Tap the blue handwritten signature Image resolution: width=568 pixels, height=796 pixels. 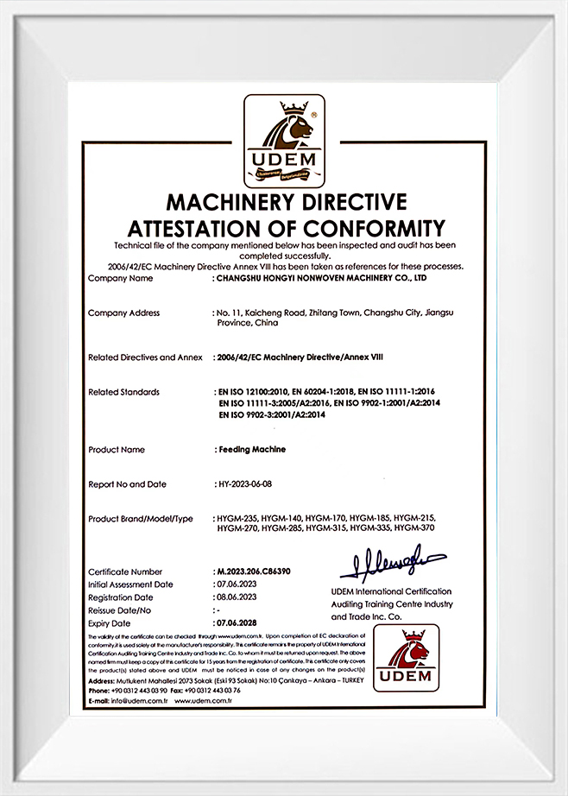click(x=392, y=562)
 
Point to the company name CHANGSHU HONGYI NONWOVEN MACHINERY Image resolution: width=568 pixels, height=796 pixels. click(x=320, y=280)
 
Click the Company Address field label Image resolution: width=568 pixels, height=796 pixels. click(x=123, y=313)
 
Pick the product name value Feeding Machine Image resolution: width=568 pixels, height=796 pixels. click(x=250, y=450)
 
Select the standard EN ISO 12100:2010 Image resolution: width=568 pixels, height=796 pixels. click(x=256, y=392)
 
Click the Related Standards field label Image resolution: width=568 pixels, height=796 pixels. click(x=123, y=392)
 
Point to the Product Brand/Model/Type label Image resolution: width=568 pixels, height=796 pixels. click(x=140, y=518)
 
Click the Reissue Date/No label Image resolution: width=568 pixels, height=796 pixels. click(x=121, y=610)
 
